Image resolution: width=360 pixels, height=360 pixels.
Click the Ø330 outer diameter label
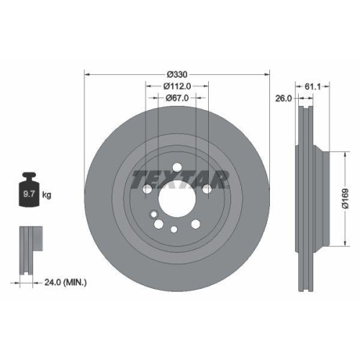177,75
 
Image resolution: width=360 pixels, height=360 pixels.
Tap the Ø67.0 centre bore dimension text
177,98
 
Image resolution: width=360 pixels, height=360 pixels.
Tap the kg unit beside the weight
46,194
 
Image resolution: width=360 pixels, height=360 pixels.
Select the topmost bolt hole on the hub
177,164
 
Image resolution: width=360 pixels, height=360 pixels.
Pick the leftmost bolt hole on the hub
147,189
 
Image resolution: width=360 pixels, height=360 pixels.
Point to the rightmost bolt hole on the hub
207,189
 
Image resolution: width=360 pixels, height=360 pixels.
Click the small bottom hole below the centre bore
175,230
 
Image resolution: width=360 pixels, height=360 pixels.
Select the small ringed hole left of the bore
153,214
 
